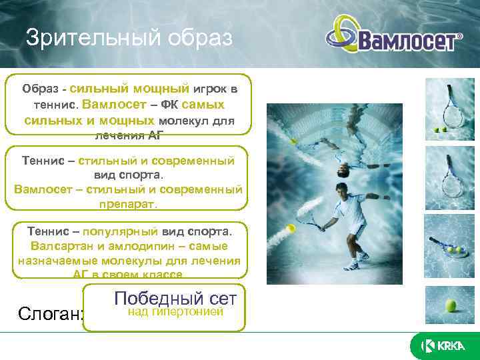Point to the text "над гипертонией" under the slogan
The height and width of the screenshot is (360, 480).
(175, 311)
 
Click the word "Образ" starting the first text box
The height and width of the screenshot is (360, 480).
(39, 89)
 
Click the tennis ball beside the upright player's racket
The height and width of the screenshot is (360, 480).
(291, 229)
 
